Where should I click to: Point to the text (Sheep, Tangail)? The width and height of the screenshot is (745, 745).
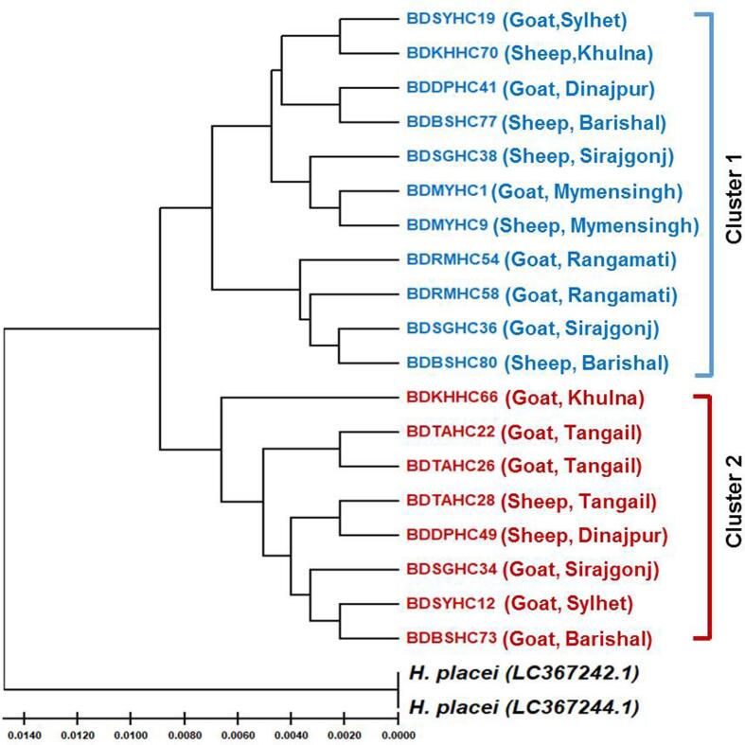(x=570, y=499)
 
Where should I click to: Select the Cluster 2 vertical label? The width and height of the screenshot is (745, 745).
(x=735, y=500)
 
